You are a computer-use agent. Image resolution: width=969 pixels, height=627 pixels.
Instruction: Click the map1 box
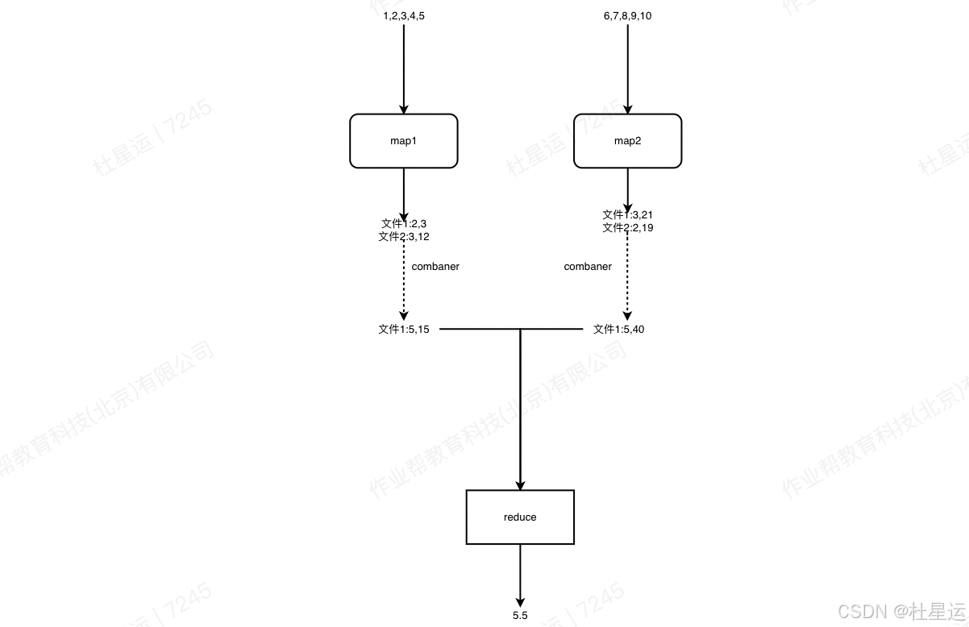[403, 141]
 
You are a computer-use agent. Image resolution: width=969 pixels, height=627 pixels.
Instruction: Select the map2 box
[627, 141]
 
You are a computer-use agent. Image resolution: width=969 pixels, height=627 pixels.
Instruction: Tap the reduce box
[520, 517]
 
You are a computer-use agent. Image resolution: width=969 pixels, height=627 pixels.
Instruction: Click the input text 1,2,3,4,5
[404, 16]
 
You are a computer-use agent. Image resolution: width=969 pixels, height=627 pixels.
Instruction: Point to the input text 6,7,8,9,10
[627, 16]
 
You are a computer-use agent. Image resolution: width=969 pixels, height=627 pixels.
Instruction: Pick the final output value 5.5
[520, 616]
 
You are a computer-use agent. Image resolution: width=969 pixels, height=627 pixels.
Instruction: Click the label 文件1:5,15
[404, 329]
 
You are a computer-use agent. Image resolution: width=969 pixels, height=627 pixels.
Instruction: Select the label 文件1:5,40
[618, 329]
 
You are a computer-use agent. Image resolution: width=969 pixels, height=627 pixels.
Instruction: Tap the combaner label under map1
[435, 267]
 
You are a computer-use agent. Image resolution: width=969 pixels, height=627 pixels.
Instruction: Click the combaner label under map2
[588, 267]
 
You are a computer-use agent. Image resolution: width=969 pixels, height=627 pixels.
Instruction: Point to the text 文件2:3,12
[404, 237]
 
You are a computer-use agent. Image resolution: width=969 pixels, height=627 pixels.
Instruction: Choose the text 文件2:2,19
[627, 228]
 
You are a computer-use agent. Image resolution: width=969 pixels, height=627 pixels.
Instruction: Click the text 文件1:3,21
[627, 215]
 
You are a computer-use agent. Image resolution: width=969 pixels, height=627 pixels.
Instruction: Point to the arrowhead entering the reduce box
[520, 485]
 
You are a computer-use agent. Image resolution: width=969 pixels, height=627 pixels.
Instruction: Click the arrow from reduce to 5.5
[520, 574]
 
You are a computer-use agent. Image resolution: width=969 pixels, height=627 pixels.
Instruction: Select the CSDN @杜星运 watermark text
[901, 612]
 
